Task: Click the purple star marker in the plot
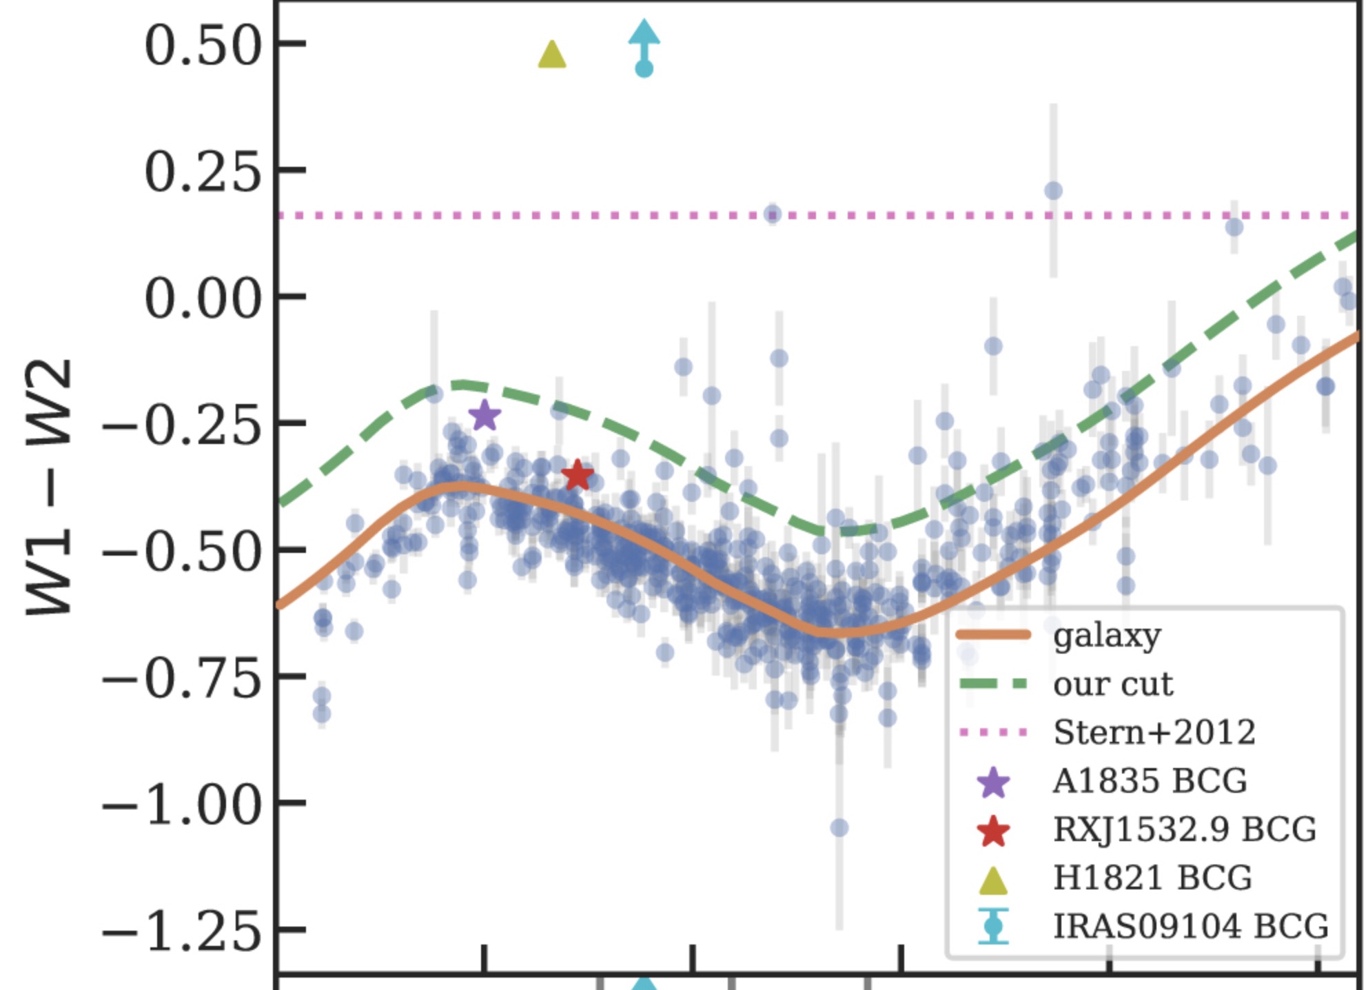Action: click(485, 416)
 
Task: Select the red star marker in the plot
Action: click(578, 474)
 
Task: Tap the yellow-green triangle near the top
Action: click(551, 54)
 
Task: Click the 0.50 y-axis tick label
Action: click(203, 46)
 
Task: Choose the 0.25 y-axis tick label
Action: click(203, 172)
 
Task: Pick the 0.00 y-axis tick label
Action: click(203, 299)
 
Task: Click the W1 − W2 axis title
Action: click(49, 487)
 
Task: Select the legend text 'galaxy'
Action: click(1107, 636)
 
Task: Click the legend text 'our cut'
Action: click(1113, 684)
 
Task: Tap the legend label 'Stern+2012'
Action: click(1154, 731)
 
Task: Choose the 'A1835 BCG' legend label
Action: click(1150, 780)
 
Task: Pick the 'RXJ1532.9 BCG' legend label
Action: click(1185, 829)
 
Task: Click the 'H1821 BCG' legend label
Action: click(1152, 877)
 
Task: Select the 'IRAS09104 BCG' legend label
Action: click(1191, 925)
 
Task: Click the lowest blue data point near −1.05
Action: click(839, 827)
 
